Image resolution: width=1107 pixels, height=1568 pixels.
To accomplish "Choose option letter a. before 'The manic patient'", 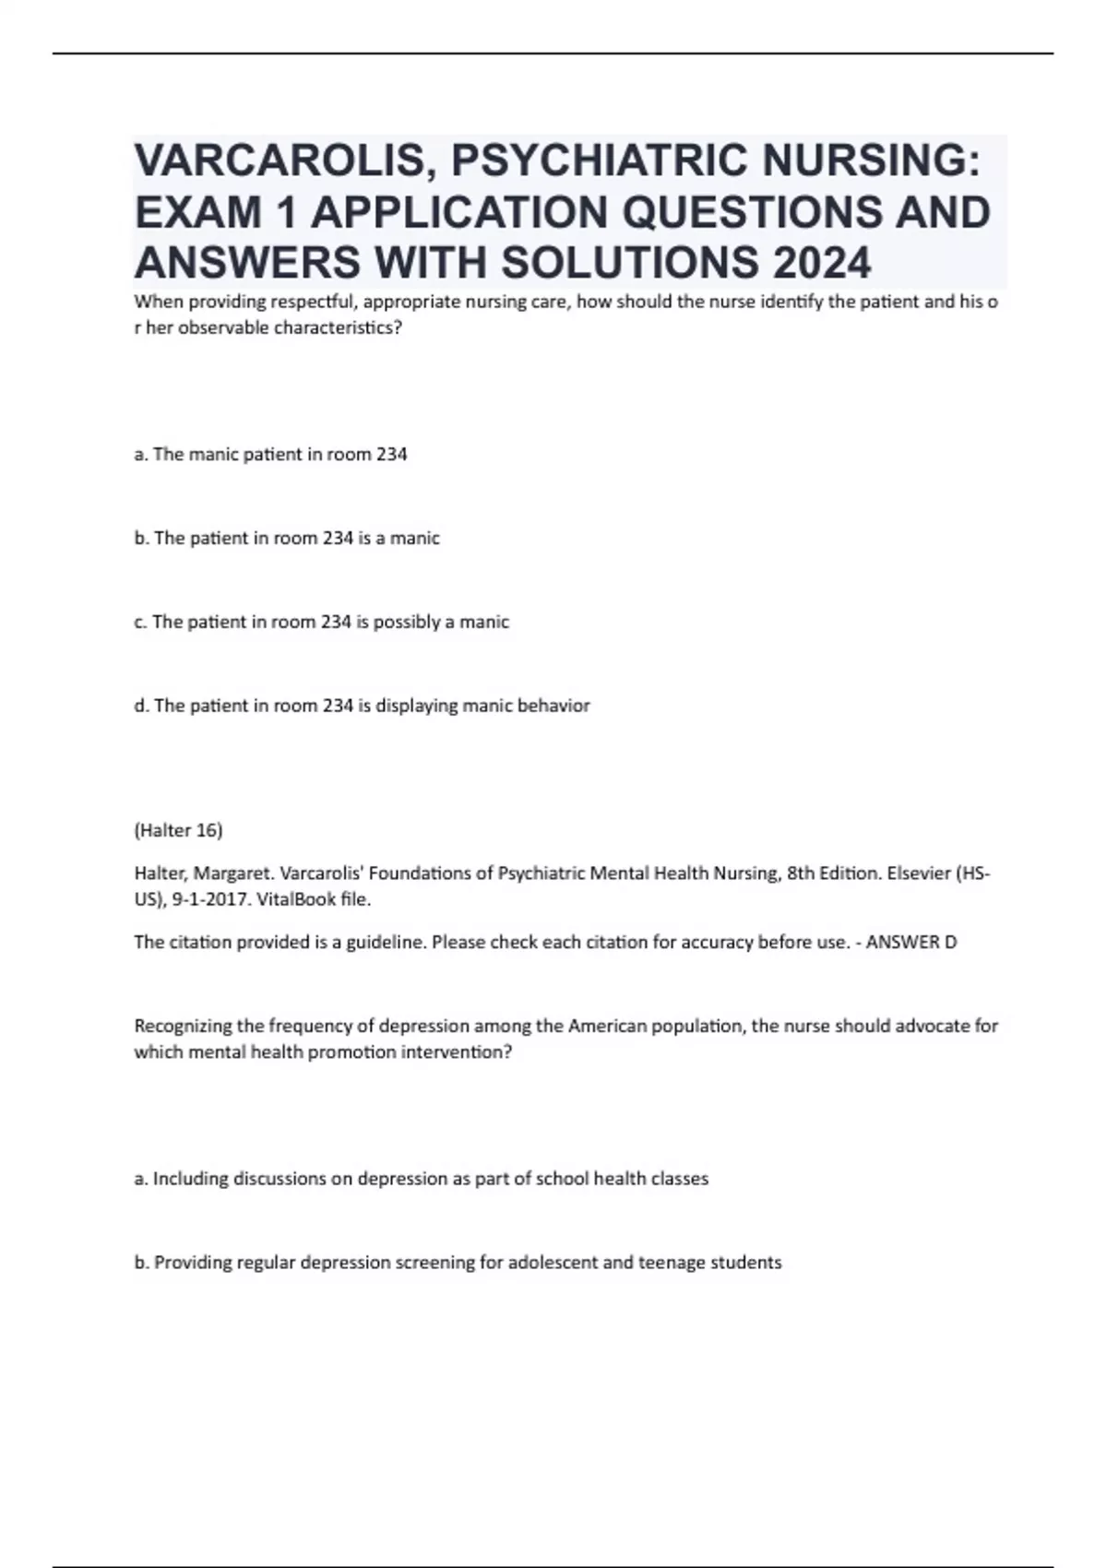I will click(x=141, y=455).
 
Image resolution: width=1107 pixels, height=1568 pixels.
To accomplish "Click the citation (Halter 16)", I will click(x=178, y=830).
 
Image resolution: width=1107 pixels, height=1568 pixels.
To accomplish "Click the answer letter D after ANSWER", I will click(x=951, y=943).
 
